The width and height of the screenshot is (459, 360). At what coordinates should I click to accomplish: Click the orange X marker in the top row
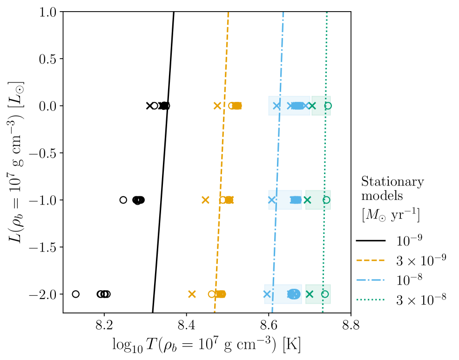coord(217,106)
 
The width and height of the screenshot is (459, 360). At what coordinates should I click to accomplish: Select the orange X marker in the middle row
coord(205,200)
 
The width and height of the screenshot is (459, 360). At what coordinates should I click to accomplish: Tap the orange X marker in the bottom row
coord(192,294)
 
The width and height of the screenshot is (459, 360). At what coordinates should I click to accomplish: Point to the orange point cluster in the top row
coord(236,106)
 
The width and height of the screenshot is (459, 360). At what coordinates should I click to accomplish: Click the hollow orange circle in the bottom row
coord(212,294)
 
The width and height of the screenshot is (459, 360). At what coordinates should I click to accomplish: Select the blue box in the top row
coord(289,106)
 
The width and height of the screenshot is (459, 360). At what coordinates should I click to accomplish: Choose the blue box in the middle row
coord(285,200)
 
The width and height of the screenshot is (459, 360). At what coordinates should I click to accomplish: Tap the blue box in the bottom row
coord(283,294)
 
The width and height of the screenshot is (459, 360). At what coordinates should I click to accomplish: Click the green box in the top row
coord(321,106)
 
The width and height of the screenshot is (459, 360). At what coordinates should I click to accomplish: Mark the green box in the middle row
coord(318,200)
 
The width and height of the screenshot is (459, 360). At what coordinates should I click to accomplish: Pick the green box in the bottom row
coord(318,294)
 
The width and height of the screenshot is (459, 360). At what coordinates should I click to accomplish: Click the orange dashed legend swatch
coord(371,260)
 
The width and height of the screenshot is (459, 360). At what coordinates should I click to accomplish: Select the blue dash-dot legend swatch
coord(371,280)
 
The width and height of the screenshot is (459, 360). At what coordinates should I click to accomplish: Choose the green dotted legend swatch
coord(371,300)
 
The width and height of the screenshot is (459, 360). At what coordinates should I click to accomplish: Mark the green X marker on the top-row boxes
coord(312,106)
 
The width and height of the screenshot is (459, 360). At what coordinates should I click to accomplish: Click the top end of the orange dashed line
coord(228,13)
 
